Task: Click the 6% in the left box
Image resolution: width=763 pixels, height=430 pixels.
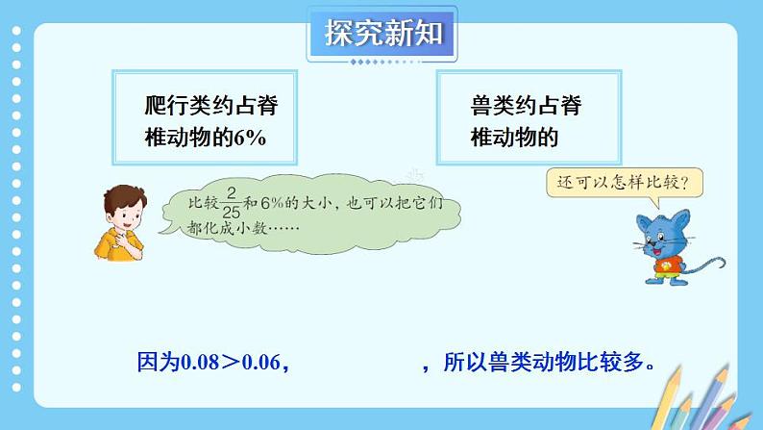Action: tap(251, 138)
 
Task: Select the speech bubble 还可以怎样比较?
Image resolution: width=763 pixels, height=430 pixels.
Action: tap(623, 181)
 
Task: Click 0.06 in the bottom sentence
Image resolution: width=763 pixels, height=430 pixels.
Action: tap(263, 363)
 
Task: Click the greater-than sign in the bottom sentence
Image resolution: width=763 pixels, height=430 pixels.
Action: tap(232, 363)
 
